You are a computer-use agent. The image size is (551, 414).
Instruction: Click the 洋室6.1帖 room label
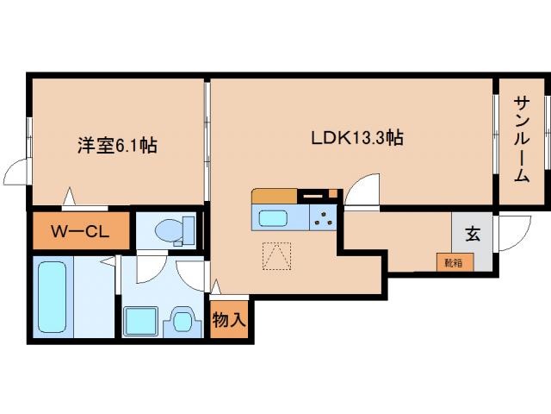click(116, 146)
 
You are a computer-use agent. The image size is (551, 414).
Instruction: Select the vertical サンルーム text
click(522, 138)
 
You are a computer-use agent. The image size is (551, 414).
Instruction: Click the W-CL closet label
click(79, 230)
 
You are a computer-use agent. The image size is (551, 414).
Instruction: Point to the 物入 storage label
click(229, 320)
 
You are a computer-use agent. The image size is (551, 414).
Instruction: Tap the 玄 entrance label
click(473, 232)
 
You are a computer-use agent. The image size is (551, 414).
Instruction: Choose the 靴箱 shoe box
click(454, 261)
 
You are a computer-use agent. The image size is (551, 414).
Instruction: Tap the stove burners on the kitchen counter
click(324, 217)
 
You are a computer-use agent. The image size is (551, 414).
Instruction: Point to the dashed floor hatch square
click(277, 256)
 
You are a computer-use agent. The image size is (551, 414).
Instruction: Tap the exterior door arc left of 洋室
click(15, 172)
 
